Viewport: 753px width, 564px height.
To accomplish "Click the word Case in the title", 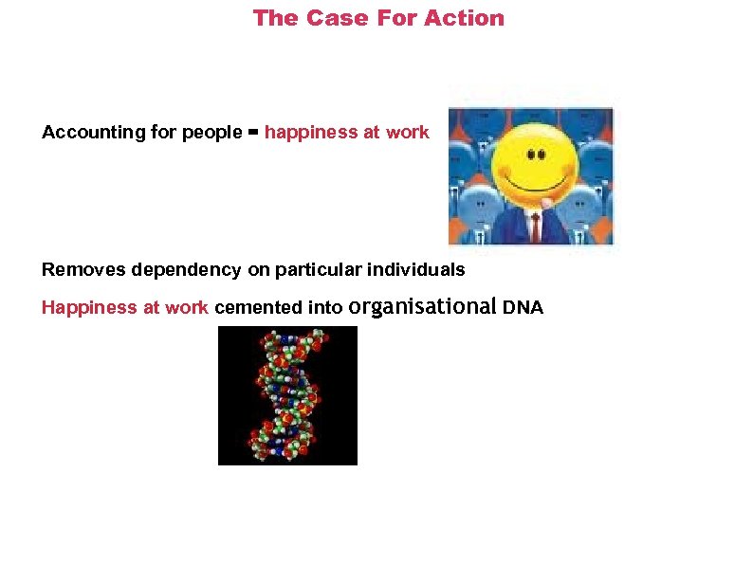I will click(331, 18).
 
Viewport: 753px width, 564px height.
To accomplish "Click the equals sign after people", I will click(253, 133).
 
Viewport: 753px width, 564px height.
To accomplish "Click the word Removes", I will click(84, 270).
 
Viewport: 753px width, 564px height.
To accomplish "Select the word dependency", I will click(187, 270).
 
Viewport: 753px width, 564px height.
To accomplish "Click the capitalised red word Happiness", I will click(91, 308).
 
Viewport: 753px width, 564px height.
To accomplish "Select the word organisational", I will click(423, 307).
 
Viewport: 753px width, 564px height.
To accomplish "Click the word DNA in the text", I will click(523, 308).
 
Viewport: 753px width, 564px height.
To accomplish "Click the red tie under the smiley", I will click(537, 226).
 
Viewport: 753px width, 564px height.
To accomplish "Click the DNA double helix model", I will click(287, 395).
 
